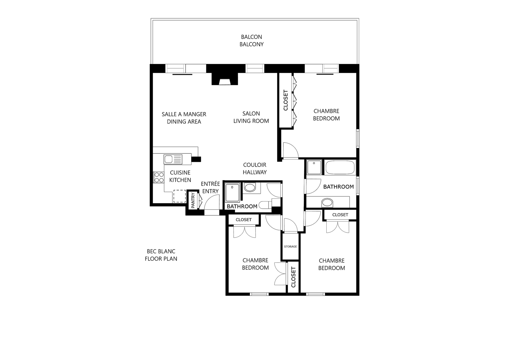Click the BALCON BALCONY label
coord(251,40)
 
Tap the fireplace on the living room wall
coord(225,79)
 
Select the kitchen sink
coord(173,159)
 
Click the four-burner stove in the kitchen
coord(159,178)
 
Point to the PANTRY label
coord(193,200)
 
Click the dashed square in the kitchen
coord(180,196)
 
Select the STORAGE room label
coord(290,246)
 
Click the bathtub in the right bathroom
coord(340,167)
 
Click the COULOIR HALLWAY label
coord(255,168)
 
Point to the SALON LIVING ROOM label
coord(251,117)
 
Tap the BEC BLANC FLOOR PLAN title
coord(161,255)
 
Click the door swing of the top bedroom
coord(291,150)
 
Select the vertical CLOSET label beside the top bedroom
coord(286,100)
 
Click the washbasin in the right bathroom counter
coord(327,202)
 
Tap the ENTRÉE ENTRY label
coord(210,187)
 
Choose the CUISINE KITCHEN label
coord(180,176)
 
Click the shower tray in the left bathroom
coord(232,193)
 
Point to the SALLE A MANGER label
coord(184,114)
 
